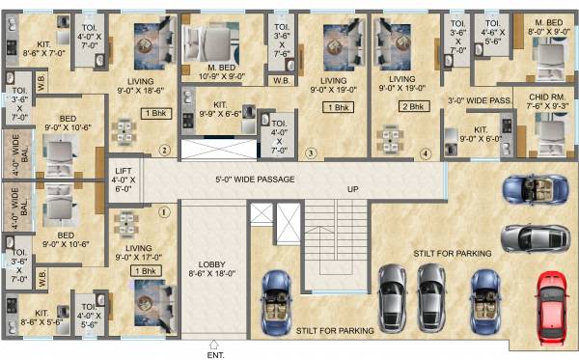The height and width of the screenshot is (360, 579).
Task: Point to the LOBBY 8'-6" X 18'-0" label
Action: point(211,269)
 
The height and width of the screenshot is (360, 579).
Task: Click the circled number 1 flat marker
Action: point(164,210)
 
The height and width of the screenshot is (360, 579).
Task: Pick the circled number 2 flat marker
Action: point(164,150)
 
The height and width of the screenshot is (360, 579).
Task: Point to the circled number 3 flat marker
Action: point(310,152)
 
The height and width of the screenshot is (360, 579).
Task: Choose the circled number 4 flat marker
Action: point(426,152)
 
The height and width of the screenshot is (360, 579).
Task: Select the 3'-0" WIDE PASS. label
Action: point(479,99)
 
